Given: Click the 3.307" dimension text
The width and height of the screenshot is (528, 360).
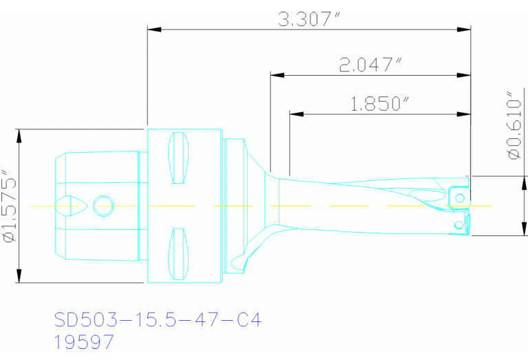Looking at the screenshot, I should coord(310,19).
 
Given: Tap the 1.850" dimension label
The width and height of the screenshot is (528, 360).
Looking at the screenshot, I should coord(380,104).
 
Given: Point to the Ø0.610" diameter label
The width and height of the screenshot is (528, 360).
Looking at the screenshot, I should coord(515,125).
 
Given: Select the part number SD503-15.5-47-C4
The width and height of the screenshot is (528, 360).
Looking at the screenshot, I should coord(158,320).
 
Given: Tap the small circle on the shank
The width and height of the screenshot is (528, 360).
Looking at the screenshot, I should coord(103,205).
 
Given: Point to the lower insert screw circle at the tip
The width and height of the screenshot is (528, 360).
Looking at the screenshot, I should coord(458,225).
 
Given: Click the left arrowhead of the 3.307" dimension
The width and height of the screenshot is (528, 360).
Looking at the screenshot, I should coord(154,29).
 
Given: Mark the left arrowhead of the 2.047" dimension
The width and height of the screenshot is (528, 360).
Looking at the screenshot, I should coord(276,74).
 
